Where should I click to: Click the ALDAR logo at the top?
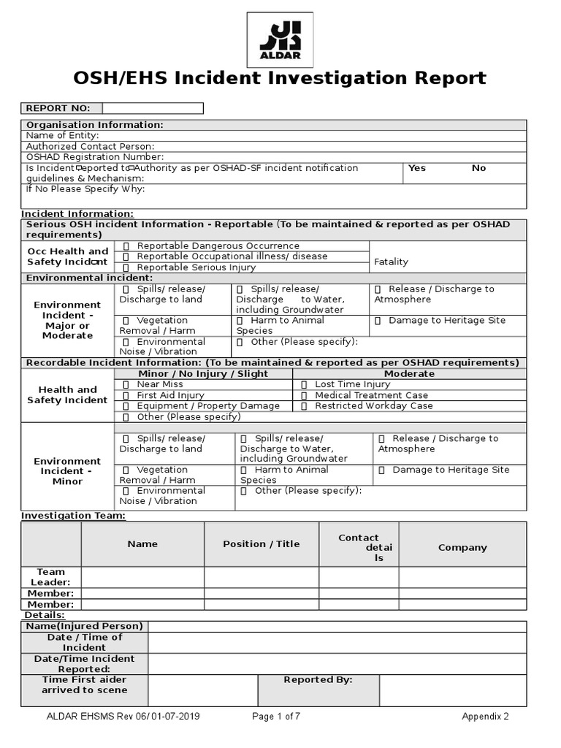(x=280, y=39)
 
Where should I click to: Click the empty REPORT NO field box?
(x=153, y=108)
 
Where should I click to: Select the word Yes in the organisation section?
(x=417, y=168)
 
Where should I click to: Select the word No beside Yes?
(x=478, y=168)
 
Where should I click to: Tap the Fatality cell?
(x=391, y=262)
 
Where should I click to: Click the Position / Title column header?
(x=262, y=544)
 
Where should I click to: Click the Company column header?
(x=462, y=547)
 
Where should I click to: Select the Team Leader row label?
(x=50, y=577)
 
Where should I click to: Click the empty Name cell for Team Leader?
(x=142, y=577)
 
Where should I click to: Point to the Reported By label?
(x=318, y=680)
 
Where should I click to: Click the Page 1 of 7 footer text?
(x=276, y=717)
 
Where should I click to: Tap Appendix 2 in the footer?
(x=485, y=717)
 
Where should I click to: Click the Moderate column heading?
(x=409, y=373)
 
